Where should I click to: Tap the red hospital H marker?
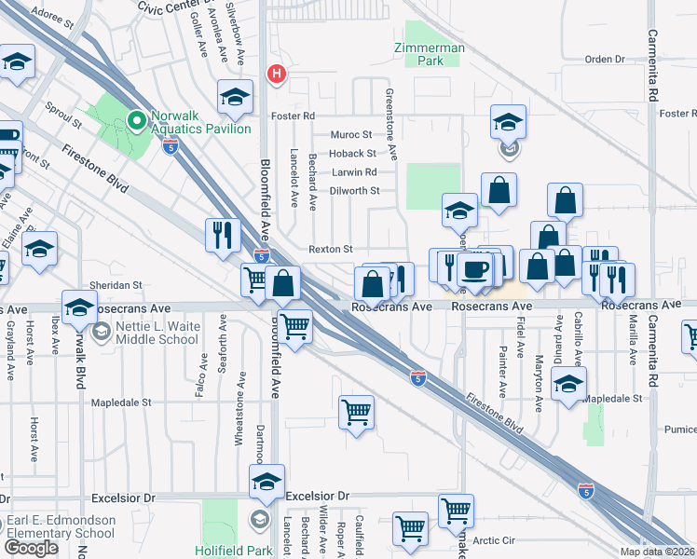click(276, 75)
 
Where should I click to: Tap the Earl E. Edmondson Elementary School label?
click(58, 527)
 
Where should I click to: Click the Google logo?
click(32, 547)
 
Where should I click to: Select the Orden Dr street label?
click(604, 60)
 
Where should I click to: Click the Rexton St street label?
click(331, 250)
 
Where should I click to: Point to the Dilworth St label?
click(356, 191)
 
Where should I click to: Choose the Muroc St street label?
click(351, 135)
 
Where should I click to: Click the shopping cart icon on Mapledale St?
click(357, 410)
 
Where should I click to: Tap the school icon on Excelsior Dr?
click(266, 482)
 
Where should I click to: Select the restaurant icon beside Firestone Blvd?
click(222, 234)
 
